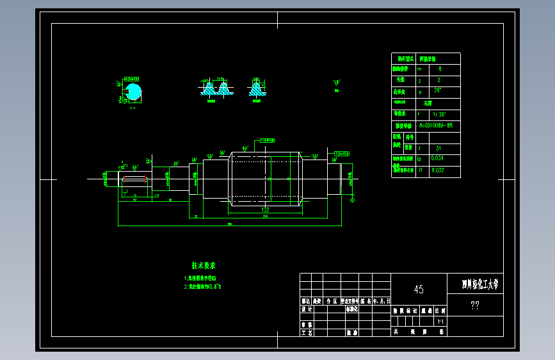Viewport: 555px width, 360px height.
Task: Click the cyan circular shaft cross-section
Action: click(x=133, y=92)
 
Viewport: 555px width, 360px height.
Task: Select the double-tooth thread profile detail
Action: click(x=216, y=88)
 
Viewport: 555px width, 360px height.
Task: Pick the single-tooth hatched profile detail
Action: click(x=257, y=88)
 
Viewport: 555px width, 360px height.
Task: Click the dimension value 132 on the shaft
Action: click(x=264, y=209)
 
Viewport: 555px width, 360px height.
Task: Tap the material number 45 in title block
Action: click(x=418, y=290)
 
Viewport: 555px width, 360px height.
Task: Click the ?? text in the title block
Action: click(x=475, y=306)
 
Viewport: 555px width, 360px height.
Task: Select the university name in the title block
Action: click(x=479, y=284)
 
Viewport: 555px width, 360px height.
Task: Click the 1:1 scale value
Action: click(x=440, y=321)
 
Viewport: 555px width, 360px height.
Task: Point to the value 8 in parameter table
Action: click(x=439, y=68)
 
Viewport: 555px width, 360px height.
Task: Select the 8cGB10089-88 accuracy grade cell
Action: click(x=436, y=125)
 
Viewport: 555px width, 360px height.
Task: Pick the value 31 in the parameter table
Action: click(x=438, y=147)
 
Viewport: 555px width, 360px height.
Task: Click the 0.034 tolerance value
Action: click(x=438, y=158)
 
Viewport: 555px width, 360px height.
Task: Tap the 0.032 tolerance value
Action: click(x=438, y=170)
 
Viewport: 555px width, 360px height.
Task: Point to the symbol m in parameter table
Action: click(x=420, y=68)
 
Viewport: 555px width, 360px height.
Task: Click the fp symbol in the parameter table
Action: click(x=420, y=158)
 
